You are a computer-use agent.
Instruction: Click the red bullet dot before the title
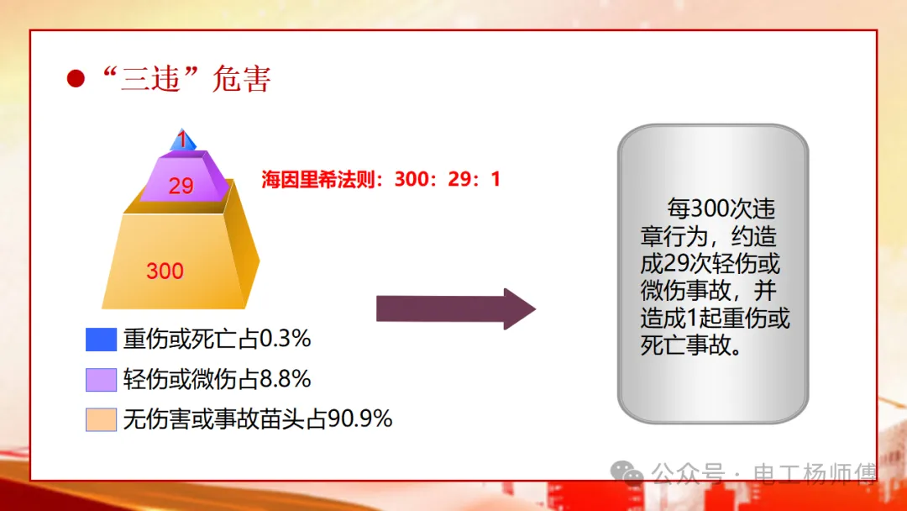click(76, 78)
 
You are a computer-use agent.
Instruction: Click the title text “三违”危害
click(186, 79)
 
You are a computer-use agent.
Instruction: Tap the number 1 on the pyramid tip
click(182, 140)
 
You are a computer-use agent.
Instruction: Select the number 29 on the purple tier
click(181, 186)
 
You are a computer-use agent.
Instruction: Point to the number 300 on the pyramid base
click(165, 271)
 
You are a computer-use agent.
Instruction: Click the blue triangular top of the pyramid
click(183, 140)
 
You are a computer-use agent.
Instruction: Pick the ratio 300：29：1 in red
click(448, 179)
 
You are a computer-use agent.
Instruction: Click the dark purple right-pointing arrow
click(456, 309)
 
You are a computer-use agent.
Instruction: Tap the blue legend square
click(102, 339)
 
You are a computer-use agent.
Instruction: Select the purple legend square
click(102, 380)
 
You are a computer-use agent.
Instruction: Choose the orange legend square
click(102, 419)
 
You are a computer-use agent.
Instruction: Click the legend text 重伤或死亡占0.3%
click(218, 339)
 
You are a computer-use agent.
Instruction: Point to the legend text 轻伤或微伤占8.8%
click(218, 380)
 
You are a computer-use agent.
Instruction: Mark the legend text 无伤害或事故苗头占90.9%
click(258, 419)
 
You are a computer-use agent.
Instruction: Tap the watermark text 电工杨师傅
click(815, 474)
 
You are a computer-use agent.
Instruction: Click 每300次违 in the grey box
click(721, 209)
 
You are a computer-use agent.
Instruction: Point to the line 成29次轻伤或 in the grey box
click(710, 264)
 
